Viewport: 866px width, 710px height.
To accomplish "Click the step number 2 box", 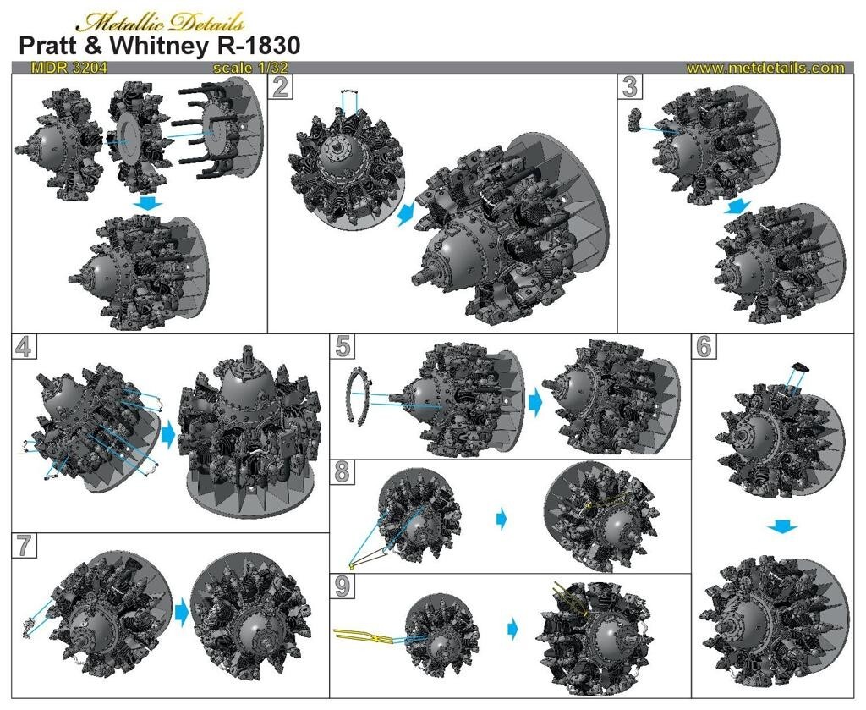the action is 281,87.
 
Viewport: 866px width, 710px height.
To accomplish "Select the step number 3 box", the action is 630,87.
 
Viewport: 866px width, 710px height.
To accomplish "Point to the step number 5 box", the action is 343,346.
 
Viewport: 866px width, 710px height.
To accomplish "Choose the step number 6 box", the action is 704,346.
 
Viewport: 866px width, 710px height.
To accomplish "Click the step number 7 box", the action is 24,546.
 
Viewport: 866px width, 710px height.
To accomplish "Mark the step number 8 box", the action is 343,472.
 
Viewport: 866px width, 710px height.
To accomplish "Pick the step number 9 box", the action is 343,586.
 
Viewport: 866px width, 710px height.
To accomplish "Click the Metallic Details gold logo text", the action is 160,23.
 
